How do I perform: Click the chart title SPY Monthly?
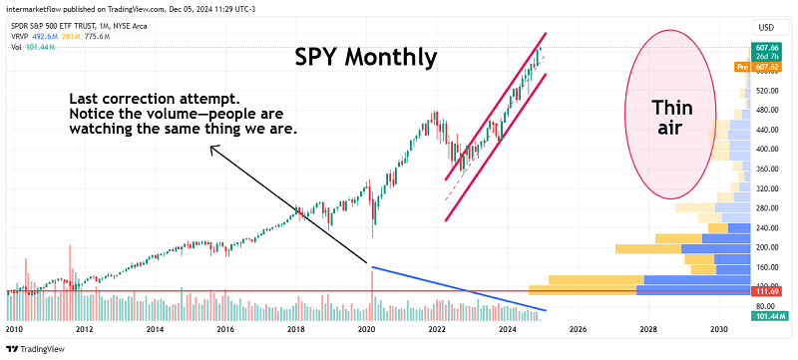pyautogui.click(x=366, y=58)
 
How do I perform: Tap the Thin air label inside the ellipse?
pyautogui.click(x=671, y=118)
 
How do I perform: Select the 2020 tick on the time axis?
pyautogui.click(x=366, y=328)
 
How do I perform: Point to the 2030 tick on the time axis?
pyautogui.click(x=718, y=328)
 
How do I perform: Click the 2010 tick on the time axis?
pyautogui.click(x=14, y=328)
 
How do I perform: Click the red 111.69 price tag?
pyautogui.click(x=768, y=291)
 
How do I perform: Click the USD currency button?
pyautogui.click(x=768, y=26)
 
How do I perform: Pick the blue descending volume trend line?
pyautogui.click(x=459, y=289)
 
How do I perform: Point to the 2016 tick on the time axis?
pyautogui.click(x=225, y=328)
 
